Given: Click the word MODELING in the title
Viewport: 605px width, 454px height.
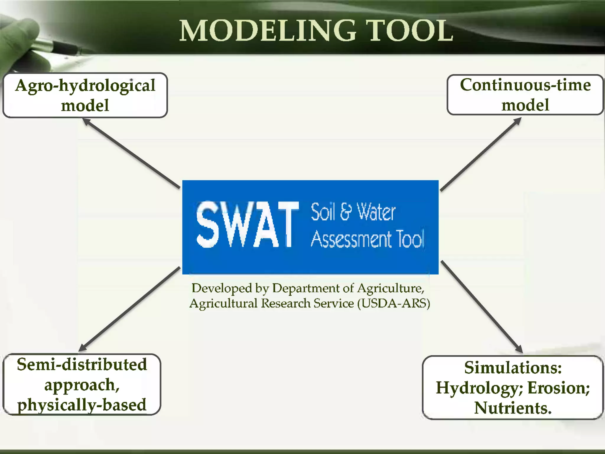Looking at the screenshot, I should [268, 31].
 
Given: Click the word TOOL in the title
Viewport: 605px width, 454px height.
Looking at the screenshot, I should [411, 31].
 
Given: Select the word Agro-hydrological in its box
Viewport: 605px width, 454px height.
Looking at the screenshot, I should [85, 86].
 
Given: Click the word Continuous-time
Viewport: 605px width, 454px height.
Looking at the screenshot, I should [525, 85].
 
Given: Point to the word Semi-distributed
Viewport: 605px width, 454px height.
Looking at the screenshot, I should [82, 364].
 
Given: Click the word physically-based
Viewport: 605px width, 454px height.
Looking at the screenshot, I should [82, 405].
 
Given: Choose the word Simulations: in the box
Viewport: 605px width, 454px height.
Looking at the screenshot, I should [513, 368].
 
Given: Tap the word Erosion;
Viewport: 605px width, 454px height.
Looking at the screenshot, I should [559, 388].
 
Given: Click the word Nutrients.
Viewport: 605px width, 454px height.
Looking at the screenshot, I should [513, 408].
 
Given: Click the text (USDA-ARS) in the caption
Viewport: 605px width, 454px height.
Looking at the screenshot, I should [393, 304].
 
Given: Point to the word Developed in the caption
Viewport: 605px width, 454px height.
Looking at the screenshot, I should [222, 288].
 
